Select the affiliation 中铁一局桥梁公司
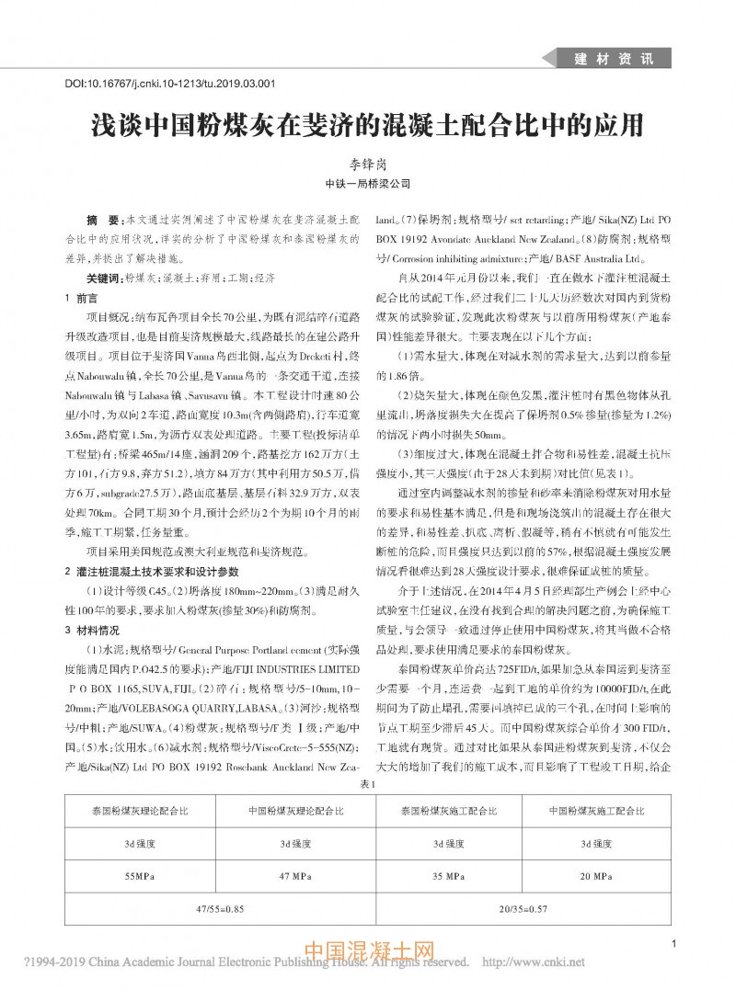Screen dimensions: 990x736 click(367, 184)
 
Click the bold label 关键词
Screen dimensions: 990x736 click(103, 277)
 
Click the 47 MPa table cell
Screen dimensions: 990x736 click(293, 876)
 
